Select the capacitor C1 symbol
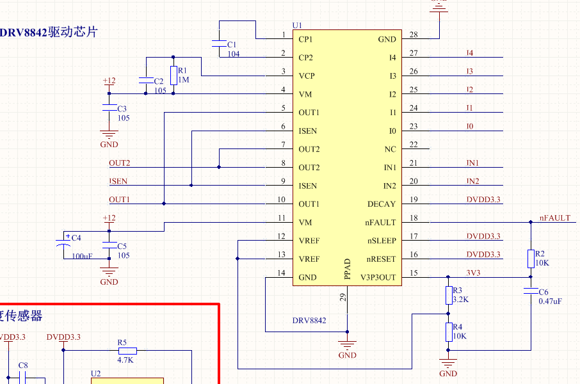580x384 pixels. [219, 44]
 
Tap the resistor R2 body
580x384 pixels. [530, 259]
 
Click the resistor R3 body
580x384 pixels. [448, 295]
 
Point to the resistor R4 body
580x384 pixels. [448, 332]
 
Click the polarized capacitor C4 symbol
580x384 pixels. [65, 244]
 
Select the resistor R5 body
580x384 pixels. [127, 350]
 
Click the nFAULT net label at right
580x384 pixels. [554, 218]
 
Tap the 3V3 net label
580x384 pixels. [473, 273]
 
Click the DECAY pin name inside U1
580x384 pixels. [382, 204]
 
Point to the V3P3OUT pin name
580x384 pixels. [378, 278]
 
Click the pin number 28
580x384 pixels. [414, 35]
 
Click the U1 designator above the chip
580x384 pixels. [297, 25]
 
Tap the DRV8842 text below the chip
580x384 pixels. [309, 320]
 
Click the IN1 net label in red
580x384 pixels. [472, 163]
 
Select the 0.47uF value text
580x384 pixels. [550, 301]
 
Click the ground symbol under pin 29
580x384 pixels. [347, 346]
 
